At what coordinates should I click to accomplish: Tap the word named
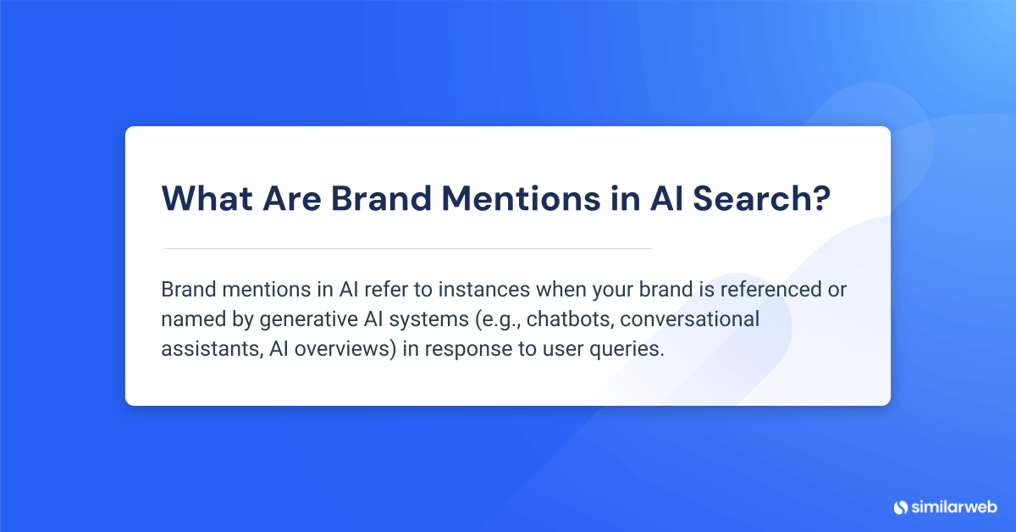(188, 320)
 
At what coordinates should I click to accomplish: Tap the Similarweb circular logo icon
(900, 507)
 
